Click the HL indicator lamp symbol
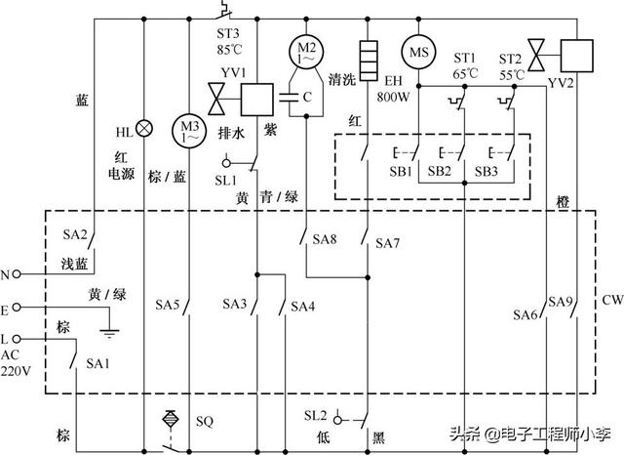[144, 128]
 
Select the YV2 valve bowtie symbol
[535, 50]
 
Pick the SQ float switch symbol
[172, 421]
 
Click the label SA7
[388, 243]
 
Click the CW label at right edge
[611, 299]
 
